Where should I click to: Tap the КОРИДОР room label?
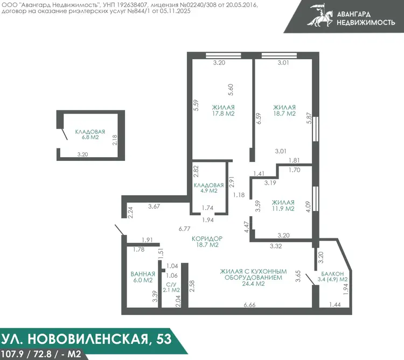(x=207, y=238)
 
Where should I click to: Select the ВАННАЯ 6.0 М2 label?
(x=143, y=277)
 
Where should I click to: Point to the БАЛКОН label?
(x=332, y=273)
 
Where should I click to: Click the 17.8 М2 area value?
(x=223, y=114)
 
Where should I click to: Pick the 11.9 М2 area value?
(x=283, y=208)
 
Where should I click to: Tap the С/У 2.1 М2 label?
(x=171, y=287)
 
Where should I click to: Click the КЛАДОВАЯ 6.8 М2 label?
(x=90, y=135)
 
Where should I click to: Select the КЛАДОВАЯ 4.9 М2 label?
(x=208, y=188)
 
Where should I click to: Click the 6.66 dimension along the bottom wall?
(x=249, y=305)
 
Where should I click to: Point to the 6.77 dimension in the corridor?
(x=184, y=229)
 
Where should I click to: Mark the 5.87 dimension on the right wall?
(x=309, y=118)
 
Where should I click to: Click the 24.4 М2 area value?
(x=253, y=284)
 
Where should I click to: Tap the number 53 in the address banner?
(x=164, y=338)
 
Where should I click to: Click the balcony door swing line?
(x=310, y=280)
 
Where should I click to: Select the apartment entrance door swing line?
(x=120, y=230)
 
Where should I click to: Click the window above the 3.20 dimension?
(x=223, y=55)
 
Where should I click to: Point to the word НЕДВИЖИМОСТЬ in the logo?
(x=366, y=23)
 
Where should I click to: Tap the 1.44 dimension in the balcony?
(x=335, y=305)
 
